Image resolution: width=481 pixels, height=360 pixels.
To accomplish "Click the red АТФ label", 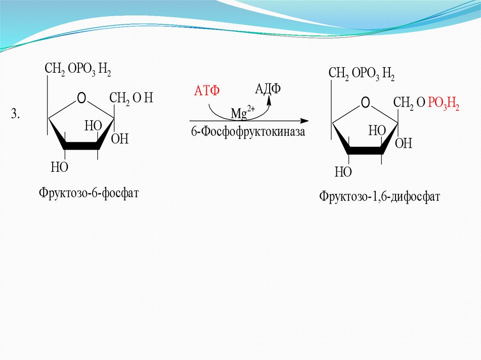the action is pyautogui.click(x=207, y=91).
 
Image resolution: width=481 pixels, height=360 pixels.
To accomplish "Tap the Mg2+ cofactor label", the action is pyautogui.click(x=242, y=113).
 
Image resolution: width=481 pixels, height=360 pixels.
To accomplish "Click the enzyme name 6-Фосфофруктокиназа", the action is pyautogui.click(x=248, y=132).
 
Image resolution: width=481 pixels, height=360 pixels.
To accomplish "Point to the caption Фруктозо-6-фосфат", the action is pyautogui.click(x=89, y=192).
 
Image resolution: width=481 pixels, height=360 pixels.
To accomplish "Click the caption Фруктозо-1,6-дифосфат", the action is pyautogui.click(x=380, y=196).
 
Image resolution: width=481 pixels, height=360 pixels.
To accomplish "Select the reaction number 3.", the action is pyautogui.click(x=16, y=114).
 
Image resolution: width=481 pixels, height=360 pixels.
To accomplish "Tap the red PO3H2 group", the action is pyautogui.click(x=443, y=107).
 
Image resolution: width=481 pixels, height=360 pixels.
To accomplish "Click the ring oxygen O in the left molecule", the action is pyautogui.click(x=81, y=98).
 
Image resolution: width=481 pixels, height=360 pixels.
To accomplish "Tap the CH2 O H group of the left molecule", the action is pyautogui.click(x=131, y=99).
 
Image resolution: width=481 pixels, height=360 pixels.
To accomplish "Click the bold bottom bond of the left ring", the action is pyautogui.click(x=82, y=146).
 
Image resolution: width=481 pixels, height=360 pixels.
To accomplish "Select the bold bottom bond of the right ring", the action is pyautogui.click(x=365, y=151).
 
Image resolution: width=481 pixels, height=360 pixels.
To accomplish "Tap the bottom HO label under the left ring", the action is pyautogui.click(x=60, y=167).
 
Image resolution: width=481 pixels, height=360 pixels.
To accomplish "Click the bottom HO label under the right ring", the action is pyautogui.click(x=343, y=172).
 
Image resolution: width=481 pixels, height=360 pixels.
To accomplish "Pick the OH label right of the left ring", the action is pyautogui.click(x=120, y=139).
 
